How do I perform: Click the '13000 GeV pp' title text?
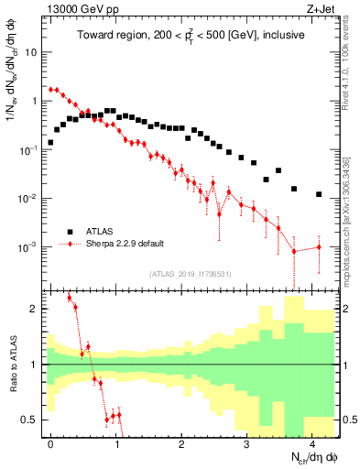[78, 8]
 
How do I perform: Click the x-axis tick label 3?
[246, 443]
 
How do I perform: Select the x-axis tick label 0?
[50, 443]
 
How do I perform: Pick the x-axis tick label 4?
[312, 443]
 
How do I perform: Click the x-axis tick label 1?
[116, 443]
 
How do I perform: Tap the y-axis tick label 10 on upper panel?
[31, 52]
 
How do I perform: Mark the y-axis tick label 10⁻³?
[29, 247]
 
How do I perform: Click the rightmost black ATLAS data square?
[319, 194]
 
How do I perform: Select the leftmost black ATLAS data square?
[51, 143]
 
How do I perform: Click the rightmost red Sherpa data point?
[319, 247]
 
